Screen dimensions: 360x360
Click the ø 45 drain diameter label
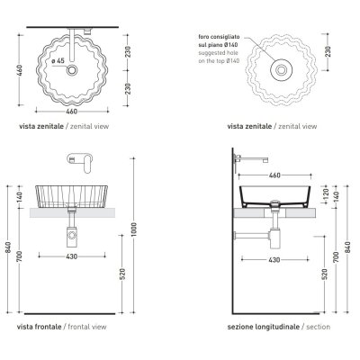point(58,61)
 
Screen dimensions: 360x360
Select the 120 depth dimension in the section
point(327,194)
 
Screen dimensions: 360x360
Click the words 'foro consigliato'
point(219,37)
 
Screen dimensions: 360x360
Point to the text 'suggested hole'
point(218,53)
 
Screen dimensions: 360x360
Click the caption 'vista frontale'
point(40,327)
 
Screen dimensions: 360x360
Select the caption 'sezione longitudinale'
point(264,327)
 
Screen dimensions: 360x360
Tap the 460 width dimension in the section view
point(274,175)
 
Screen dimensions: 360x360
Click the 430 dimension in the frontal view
point(71,256)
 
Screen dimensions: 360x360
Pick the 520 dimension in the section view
point(324,274)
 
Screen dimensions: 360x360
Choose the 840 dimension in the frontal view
point(8,247)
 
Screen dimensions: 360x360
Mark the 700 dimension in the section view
point(336,257)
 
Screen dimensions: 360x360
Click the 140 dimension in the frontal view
point(20,197)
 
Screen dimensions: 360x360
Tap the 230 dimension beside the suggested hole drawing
point(328,51)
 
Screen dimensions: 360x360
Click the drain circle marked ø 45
point(72,70)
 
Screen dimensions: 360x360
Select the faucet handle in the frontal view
point(87,164)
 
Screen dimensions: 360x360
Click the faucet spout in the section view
point(252,158)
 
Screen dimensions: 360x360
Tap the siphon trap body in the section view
point(274,239)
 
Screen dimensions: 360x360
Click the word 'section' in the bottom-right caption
point(318,327)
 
